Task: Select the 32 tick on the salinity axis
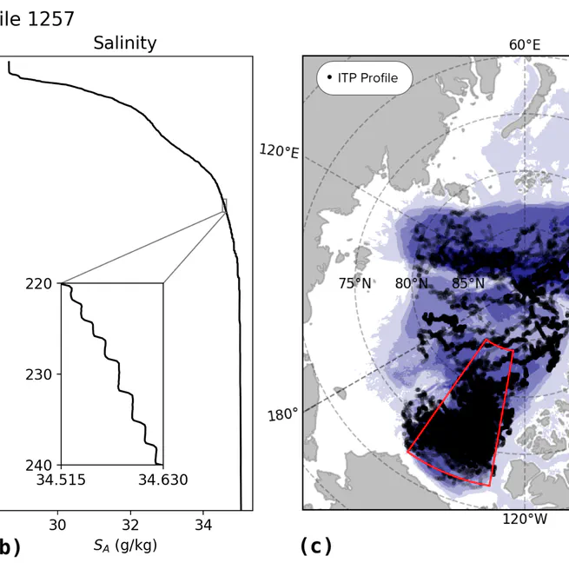[130, 525]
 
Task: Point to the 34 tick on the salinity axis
[203, 525]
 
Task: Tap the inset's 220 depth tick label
[41, 283]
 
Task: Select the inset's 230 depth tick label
[41, 374]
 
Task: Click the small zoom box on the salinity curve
[224, 206]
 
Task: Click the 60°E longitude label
[524, 44]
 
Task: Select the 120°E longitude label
[279, 151]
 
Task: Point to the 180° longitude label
[282, 414]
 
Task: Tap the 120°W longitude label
[525, 519]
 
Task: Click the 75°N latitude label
[355, 283]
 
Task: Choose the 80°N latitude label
[411, 283]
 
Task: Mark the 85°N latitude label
[467, 283]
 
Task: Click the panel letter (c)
[315, 546]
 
